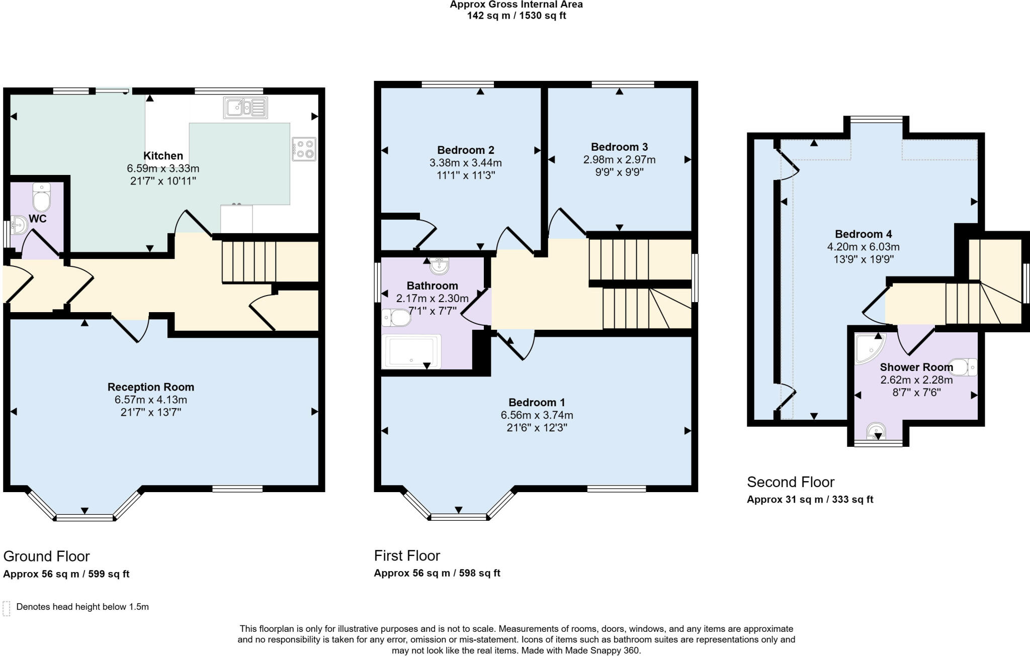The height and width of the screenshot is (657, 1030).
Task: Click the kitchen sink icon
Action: coord(245,108)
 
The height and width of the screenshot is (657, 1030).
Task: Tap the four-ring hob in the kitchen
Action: coord(304,149)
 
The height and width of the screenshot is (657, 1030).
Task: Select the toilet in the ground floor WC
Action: coord(41,198)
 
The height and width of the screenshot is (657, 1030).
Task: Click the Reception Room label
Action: coord(150,387)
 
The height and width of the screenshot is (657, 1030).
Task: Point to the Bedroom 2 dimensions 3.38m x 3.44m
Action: coord(465,163)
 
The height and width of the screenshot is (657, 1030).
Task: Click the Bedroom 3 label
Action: coord(619,147)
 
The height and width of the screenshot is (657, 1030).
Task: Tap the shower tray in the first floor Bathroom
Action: coord(411,352)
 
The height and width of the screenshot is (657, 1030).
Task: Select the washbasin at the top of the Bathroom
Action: coord(440,265)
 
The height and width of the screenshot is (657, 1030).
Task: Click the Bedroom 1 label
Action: coord(537,402)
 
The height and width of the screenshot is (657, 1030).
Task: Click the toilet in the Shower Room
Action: coord(963,367)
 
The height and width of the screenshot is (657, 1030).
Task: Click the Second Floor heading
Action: coord(790,482)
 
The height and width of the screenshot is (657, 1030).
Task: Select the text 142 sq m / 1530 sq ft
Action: coord(516,16)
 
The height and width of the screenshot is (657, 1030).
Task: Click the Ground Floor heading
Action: coord(46,556)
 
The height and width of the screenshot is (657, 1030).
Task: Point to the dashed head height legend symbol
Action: coord(7,608)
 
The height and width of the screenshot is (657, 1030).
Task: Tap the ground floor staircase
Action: coord(249,261)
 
